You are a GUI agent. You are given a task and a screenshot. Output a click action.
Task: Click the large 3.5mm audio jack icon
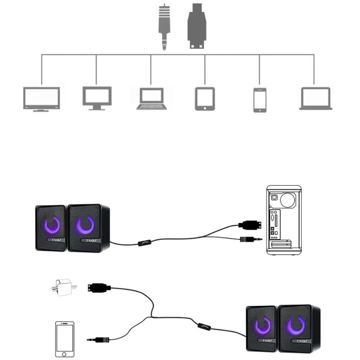click(164, 27)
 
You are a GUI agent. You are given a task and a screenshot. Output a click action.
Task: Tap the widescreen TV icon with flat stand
click(41, 99)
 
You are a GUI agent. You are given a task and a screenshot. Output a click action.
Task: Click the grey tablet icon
click(205, 98)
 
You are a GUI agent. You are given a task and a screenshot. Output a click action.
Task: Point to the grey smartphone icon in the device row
click(260, 100)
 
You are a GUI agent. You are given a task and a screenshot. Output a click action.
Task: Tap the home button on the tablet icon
click(205, 107)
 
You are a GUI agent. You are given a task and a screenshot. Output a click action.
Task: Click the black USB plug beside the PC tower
click(250, 225)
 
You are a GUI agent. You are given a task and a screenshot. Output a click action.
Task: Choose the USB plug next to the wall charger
click(98, 287)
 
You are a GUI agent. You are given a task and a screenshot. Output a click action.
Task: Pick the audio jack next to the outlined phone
click(98, 339)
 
